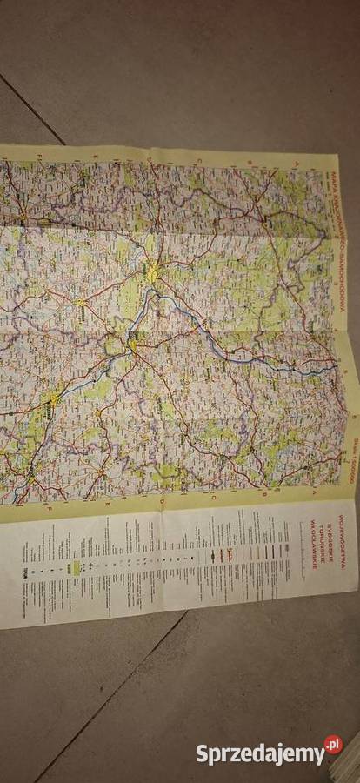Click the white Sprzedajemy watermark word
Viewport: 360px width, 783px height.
click(x=258, y=753)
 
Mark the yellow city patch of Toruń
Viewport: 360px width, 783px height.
click(x=133, y=346)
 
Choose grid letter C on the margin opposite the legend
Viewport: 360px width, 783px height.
click(x=199, y=160)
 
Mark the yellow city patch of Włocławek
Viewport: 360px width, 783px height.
click(x=54, y=400)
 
